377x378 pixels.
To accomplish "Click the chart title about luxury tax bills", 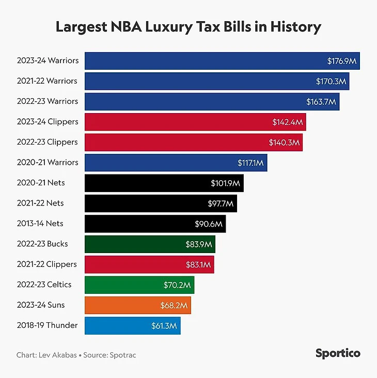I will (x=189, y=26).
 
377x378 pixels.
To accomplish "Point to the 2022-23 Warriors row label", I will (x=48, y=101).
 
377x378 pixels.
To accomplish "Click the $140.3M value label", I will (x=284, y=143).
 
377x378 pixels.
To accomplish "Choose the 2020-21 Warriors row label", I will (x=48, y=162).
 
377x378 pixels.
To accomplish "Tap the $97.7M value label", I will (x=221, y=203).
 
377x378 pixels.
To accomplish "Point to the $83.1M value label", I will (x=198, y=264).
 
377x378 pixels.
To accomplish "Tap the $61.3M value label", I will (x=165, y=325).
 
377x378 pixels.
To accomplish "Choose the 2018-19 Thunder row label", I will (x=47, y=325).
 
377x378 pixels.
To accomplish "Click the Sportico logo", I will (x=338, y=354).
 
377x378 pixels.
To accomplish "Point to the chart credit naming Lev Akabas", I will (x=47, y=355).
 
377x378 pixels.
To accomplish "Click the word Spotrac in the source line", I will (x=123, y=355).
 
